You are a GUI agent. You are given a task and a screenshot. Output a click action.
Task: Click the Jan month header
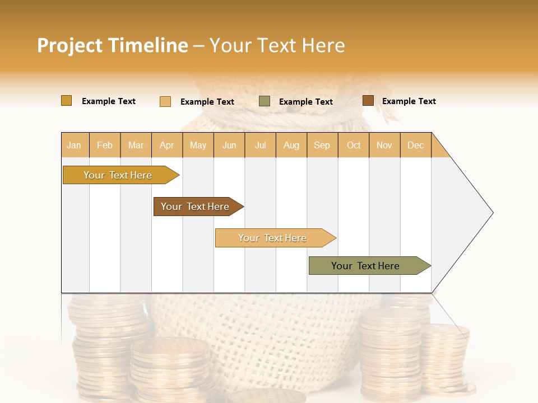click(74, 145)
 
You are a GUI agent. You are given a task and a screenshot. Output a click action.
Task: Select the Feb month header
click(105, 145)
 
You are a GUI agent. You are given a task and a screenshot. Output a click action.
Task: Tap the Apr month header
click(166, 145)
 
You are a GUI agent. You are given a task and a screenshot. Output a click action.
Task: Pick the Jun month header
click(229, 145)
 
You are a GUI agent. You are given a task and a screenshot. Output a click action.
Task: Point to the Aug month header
click(291, 145)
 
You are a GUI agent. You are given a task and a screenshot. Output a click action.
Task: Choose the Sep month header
click(322, 145)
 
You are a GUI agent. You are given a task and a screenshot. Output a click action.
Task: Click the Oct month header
click(354, 145)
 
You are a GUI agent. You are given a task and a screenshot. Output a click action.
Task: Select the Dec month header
click(415, 145)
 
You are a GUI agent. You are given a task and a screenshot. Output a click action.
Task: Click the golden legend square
click(66, 101)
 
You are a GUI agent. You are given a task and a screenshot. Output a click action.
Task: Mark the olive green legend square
click(265, 101)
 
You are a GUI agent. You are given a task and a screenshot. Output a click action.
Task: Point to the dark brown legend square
click(368, 101)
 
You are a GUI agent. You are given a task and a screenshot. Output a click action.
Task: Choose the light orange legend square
click(165, 101)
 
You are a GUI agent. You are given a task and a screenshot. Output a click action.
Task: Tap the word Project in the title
click(69, 45)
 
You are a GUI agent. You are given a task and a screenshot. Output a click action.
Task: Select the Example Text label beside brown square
click(409, 101)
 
